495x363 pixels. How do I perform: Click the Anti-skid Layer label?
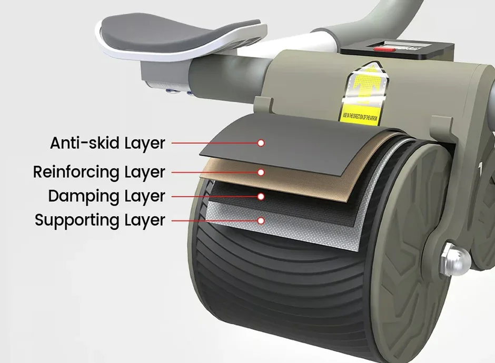107,143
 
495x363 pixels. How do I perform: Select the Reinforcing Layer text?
99,172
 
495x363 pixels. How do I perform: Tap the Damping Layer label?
106,196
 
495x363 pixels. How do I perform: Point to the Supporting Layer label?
100,220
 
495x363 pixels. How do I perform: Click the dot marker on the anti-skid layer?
260,143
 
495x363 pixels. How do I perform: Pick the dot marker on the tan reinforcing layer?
260,172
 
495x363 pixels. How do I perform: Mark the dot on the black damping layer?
260,196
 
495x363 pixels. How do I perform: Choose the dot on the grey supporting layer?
260,220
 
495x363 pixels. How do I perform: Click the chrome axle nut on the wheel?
452,259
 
